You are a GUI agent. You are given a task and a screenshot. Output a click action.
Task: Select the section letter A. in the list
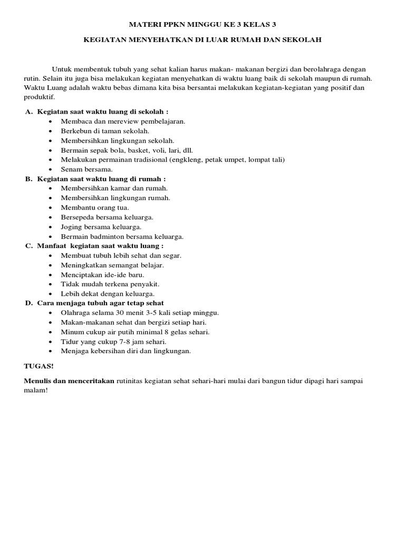pyautogui.click(x=29, y=112)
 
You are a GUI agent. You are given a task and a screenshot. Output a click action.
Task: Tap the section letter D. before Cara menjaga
pyautogui.click(x=29, y=303)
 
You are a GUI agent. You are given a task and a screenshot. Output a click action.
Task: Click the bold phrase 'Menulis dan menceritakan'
pyautogui.click(x=69, y=381)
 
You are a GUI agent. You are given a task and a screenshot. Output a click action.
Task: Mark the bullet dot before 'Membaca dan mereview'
pyautogui.click(x=50, y=122)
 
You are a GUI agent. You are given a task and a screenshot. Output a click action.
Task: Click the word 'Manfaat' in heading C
pyautogui.click(x=52, y=246)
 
